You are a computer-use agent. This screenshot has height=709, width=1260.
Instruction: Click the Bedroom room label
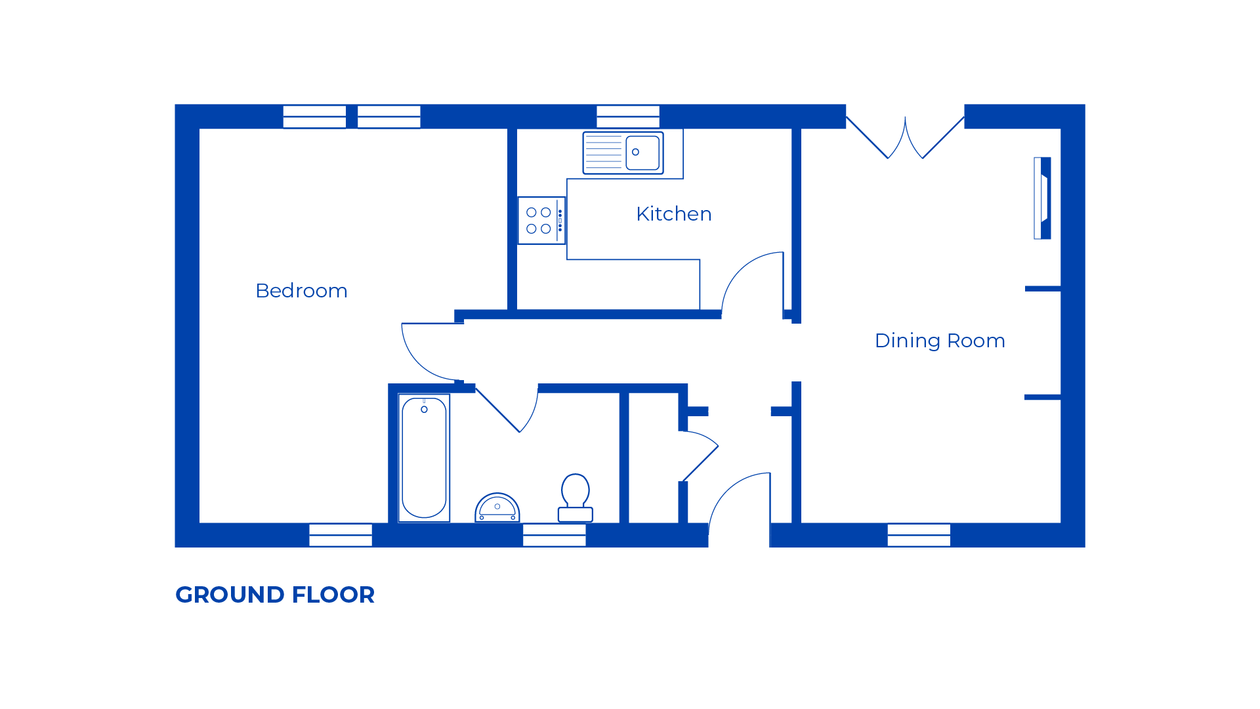(x=301, y=291)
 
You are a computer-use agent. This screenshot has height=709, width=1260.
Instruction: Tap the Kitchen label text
(x=673, y=214)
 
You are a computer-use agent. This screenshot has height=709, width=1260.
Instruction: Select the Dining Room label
(x=939, y=341)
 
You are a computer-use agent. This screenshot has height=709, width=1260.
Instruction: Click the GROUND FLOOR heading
(x=275, y=595)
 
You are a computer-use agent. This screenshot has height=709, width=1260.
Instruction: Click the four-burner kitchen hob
(x=541, y=221)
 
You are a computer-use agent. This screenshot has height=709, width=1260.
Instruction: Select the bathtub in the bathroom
(x=424, y=458)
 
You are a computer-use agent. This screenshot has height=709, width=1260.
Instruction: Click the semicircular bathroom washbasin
(x=497, y=507)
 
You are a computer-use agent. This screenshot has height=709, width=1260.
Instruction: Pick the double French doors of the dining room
(x=905, y=139)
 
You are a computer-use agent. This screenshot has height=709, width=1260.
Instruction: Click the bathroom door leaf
(x=497, y=410)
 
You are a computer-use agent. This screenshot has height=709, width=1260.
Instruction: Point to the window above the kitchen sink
(x=628, y=117)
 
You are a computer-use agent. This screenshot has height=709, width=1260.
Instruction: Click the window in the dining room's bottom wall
(x=919, y=535)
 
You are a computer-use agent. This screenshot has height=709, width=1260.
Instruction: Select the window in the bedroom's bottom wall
(x=341, y=535)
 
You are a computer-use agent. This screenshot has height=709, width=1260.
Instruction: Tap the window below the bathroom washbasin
(x=554, y=535)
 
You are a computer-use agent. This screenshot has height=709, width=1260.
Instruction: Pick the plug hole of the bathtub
(x=424, y=410)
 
